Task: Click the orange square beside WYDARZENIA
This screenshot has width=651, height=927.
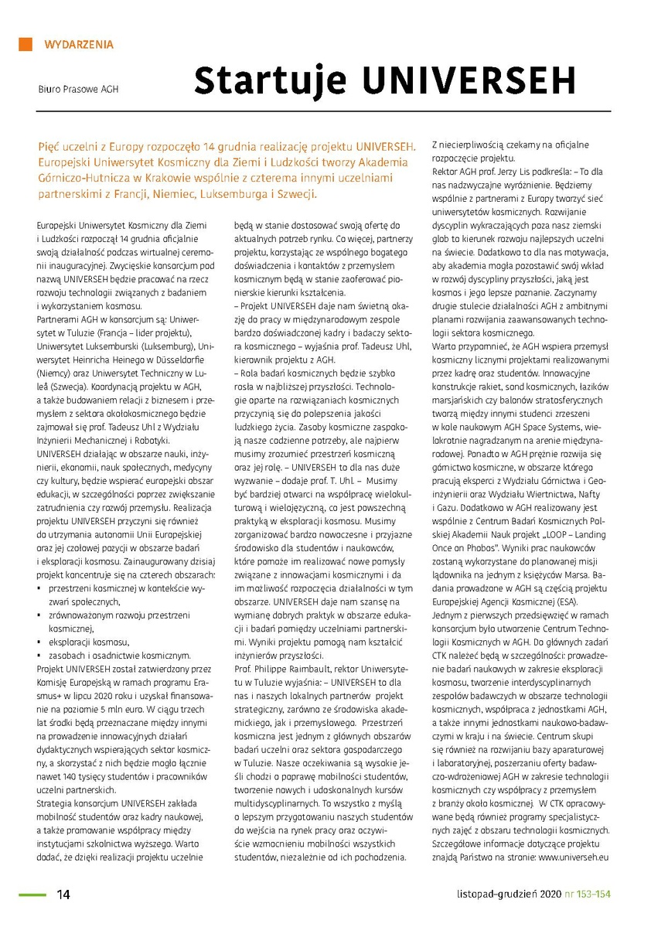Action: tap(26, 44)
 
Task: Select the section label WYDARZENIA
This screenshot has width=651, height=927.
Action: tap(80, 45)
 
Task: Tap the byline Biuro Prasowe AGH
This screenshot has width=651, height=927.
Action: tap(79, 89)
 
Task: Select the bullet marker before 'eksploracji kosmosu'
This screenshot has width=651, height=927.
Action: tap(40, 642)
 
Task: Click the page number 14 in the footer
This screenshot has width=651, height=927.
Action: tap(64, 895)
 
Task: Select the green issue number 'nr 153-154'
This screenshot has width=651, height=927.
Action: tap(585, 895)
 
